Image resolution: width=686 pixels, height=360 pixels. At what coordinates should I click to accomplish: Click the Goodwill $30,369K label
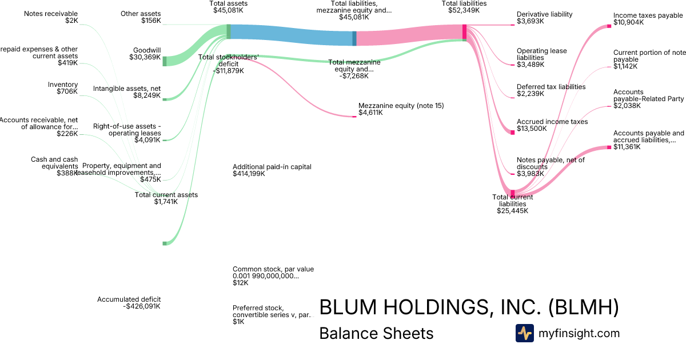tap(147, 53)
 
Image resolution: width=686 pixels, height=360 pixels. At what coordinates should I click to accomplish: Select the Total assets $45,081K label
tap(228, 6)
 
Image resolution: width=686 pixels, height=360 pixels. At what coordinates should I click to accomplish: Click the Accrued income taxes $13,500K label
tap(552, 125)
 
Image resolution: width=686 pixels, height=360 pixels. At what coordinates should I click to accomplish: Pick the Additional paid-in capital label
tap(272, 170)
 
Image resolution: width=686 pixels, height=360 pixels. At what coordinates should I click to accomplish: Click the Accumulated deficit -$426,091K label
tap(129, 303)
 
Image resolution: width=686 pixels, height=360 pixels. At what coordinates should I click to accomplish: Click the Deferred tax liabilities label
tap(551, 90)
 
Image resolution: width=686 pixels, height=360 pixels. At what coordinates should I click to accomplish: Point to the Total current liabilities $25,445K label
tap(512, 203)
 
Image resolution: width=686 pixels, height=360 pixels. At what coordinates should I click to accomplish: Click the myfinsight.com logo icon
tap(524, 333)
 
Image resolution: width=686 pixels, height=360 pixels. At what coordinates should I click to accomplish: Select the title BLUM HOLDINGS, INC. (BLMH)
tap(469, 307)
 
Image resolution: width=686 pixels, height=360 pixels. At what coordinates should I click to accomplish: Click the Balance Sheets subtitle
tap(376, 333)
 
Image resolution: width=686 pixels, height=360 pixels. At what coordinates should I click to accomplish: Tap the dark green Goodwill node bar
tap(165, 61)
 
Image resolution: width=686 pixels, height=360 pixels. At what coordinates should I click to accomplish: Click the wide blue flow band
tap(292, 35)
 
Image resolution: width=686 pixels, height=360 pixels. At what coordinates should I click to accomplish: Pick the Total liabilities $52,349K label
tap(464, 6)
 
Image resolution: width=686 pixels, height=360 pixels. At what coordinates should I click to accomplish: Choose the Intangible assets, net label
tap(127, 92)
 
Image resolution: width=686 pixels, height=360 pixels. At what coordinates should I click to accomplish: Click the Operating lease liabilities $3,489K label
tap(541, 58)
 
